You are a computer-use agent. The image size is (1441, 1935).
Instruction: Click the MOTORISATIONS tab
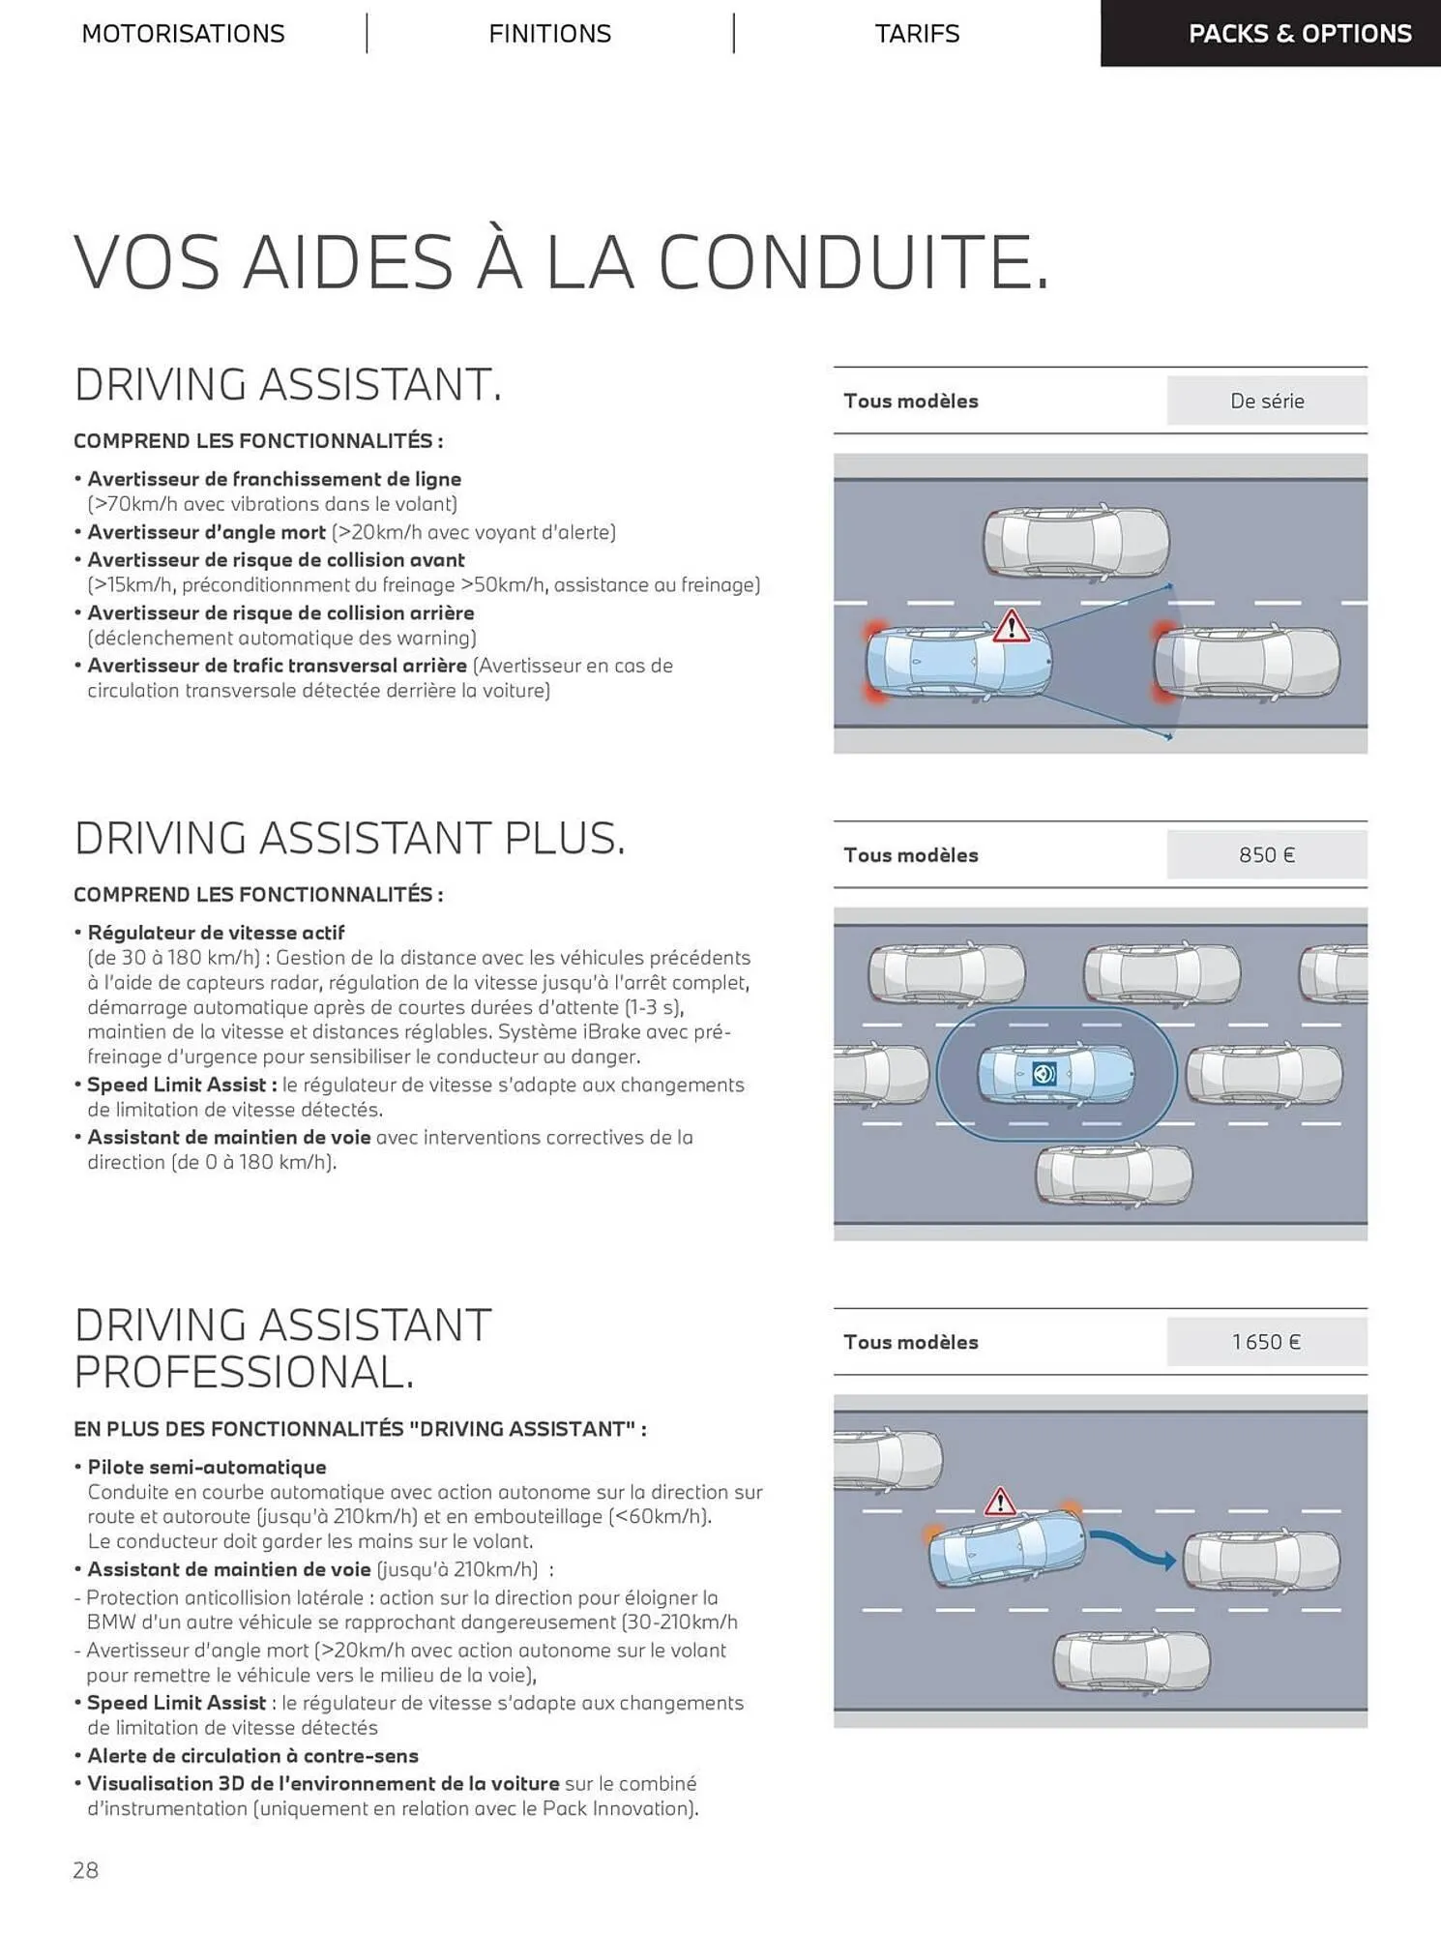[x=183, y=34]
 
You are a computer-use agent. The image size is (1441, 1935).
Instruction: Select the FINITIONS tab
[x=549, y=34]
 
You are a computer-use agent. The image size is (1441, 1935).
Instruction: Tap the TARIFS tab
[x=917, y=34]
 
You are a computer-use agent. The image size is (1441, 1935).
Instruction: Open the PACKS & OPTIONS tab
[x=1299, y=34]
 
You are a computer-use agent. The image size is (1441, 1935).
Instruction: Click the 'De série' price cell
[x=1266, y=401]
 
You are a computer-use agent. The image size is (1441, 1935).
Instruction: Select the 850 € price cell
[x=1266, y=855]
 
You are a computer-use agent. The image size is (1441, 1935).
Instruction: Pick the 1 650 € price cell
[x=1266, y=1342]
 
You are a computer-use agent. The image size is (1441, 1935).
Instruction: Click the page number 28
[x=85, y=1870]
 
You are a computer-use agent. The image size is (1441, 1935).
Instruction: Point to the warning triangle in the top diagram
[x=1011, y=627]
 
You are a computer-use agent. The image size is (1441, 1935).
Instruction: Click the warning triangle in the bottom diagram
[x=999, y=1503]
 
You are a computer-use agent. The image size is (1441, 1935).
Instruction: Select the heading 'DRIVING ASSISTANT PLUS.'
[x=350, y=838]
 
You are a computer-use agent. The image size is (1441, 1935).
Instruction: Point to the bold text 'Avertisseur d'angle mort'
[x=206, y=532]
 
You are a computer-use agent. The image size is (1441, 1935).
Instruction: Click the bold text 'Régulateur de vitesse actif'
[x=216, y=933]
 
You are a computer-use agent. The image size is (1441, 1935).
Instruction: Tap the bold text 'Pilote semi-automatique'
[x=207, y=1467]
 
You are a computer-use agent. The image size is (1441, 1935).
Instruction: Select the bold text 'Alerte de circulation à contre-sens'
[x=252, y=1755]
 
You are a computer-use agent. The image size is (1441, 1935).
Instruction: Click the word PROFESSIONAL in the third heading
[x=244, y=1372]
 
